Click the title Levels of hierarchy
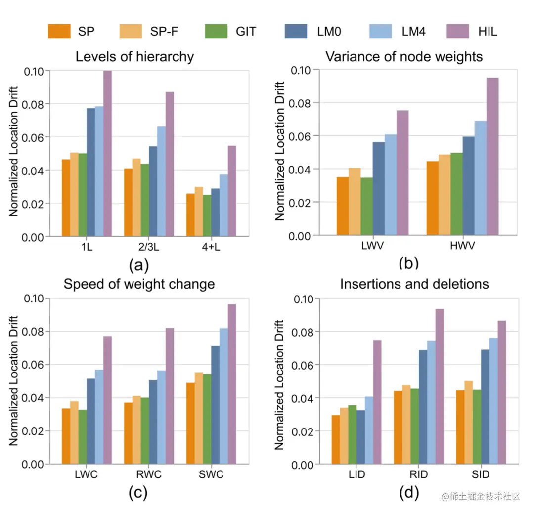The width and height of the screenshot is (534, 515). coord(134,57)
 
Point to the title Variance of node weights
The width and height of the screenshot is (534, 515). coord(404,57)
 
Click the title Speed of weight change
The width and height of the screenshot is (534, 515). coord(139,284)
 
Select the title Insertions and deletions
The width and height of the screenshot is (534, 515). coord(414,284)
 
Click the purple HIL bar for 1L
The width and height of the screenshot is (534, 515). coord(107,154)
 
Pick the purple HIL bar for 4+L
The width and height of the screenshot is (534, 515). coord(232,191)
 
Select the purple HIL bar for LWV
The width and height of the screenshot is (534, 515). coord(402,173)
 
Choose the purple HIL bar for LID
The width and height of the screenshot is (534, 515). coord(377,402)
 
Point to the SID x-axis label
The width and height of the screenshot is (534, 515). coord(480,475)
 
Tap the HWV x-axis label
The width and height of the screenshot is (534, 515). coord(463,246)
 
